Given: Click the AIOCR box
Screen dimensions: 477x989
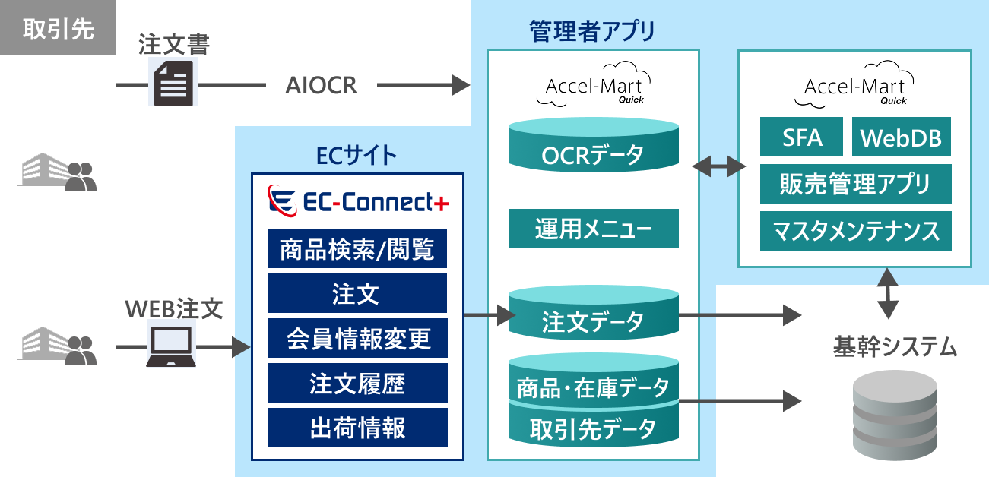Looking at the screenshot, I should point(322,84).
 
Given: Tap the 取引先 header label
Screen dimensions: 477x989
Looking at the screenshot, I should point(58,28).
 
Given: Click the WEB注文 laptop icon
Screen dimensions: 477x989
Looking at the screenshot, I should point(171,343).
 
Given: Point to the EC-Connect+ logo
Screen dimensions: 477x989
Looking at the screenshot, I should point(358,201).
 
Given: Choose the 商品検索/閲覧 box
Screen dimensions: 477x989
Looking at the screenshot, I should point(357,248).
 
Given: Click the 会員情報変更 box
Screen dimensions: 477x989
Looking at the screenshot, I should point(357,338).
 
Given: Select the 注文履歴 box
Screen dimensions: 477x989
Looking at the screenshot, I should point(357,384).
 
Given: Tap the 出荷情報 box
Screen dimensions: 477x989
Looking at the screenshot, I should point(357,428).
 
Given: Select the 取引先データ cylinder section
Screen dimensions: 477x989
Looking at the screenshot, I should point(593,428).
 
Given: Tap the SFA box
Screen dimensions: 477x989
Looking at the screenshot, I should point(802,137).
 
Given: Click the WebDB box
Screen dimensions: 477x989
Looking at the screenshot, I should point(901,137).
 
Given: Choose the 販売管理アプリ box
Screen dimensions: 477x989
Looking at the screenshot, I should point(855,184).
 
